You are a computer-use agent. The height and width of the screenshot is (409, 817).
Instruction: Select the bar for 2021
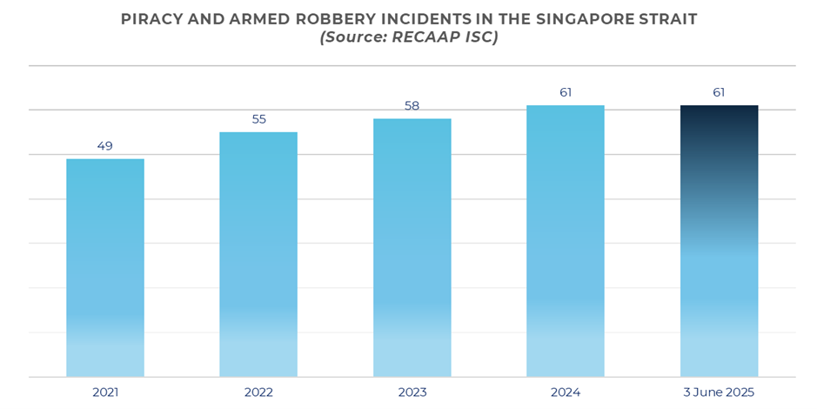tap(105, 267)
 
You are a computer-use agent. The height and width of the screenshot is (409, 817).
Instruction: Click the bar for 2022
tap(258, 254)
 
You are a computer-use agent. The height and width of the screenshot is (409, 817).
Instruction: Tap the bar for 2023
tap(412, 247)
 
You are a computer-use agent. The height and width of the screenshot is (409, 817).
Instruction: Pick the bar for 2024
tap(566, 241)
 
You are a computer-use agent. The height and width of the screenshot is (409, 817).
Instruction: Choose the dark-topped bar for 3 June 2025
tap(719, 241)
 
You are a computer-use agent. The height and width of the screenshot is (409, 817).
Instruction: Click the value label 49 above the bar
tap(105, 146)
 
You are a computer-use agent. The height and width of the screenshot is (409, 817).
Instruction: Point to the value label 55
tap(258, 119)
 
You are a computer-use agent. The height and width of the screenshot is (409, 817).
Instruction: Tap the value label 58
tap(412, 106)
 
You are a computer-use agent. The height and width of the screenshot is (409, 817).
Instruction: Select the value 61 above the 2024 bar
tap(566, 92)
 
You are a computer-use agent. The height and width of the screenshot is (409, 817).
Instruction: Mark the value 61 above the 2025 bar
tap(719, 92)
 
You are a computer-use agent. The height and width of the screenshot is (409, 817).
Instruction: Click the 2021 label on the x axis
tap(105, 392)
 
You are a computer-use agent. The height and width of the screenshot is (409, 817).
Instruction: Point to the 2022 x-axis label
tap(258, 392)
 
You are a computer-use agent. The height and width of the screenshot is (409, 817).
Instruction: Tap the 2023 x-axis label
tap(412, 392)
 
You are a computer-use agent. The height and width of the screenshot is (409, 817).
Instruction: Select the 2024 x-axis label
tap(566, 392)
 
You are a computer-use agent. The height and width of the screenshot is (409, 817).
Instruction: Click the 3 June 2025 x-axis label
tap(719, 392)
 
